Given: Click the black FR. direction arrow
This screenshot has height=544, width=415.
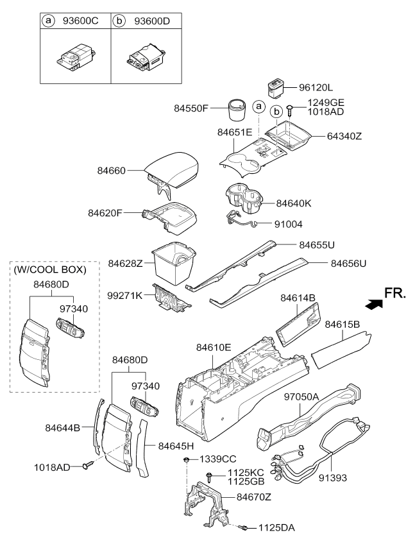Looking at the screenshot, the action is pos(374,304).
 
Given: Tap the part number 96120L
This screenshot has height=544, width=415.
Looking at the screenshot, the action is pos(316,88).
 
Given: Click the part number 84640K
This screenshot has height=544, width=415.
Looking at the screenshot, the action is pos(294,203).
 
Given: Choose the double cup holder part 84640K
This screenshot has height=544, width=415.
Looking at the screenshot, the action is pos(243,198).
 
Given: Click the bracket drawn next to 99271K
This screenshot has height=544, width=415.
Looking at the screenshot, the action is pos(171,297).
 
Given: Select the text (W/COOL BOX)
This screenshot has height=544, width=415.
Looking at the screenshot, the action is pos(50,269).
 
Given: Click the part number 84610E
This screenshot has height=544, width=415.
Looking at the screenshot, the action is pos(214,347).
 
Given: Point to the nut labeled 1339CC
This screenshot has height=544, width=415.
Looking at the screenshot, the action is pos(187,460).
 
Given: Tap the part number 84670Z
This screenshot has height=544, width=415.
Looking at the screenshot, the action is pos(254,497).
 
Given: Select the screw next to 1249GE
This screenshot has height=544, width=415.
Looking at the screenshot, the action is pos(291,111).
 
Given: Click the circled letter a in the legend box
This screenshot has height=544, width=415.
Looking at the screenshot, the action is pos(49,21).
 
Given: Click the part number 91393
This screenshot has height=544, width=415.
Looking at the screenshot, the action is pos(333,478).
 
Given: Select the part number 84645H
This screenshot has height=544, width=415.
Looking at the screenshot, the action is pos(176,446).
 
